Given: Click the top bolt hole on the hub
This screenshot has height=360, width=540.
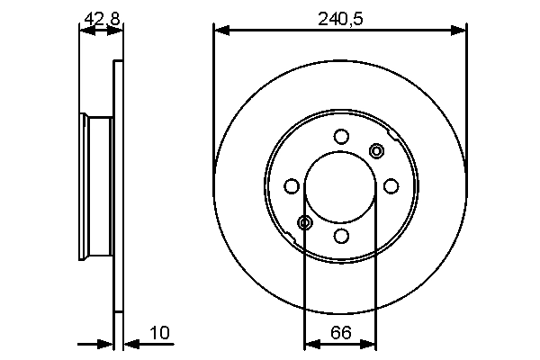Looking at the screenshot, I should (340, 137).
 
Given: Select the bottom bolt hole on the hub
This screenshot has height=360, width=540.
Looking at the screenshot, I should (340, 236).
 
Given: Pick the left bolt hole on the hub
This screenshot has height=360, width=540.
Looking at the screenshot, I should (291, 186).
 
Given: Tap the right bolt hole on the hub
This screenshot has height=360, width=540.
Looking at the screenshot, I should (391, 186).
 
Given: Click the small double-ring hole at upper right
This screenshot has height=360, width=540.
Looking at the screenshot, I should (376, 150).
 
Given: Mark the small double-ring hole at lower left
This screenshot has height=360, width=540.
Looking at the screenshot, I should (305, 222).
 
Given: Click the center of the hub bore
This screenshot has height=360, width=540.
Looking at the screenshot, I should (340, 186).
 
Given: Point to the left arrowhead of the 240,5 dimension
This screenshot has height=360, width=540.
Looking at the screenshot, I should (219, 31).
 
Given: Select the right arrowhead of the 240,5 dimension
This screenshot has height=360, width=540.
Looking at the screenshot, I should (462, 31).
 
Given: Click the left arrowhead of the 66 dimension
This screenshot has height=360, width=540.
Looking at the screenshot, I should (310, 343).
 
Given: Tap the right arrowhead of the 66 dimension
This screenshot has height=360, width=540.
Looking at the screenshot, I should (371, 343).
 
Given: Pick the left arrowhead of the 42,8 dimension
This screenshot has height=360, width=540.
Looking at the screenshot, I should (85, 31).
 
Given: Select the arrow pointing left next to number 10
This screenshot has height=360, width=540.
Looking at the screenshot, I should (128, 343).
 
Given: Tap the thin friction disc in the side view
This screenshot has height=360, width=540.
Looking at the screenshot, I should (117, 186).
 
